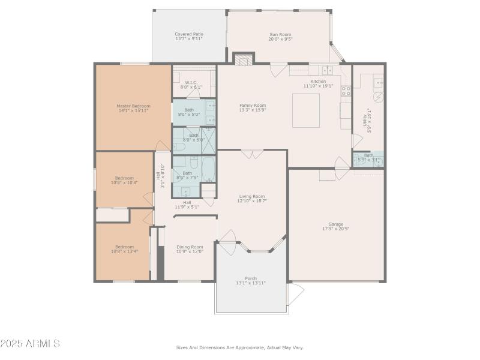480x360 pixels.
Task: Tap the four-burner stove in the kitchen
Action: tap(346, 91)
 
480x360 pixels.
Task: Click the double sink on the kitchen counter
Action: tap(327, 70)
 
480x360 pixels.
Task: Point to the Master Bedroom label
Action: tap(133, 106)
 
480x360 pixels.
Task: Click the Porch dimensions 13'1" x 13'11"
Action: tap(251, 283)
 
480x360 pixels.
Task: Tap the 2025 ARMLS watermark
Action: tap(30, 344)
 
